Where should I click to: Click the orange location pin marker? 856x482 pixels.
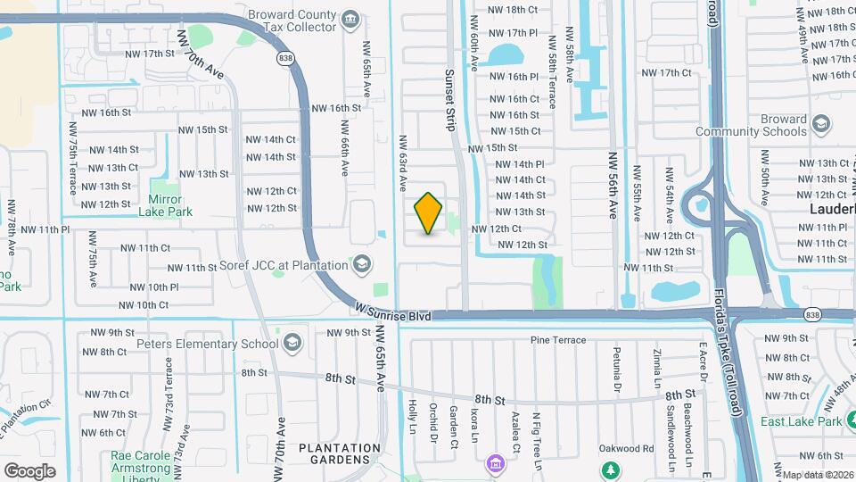[x=429, y=213]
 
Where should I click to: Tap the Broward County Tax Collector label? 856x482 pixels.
[x=292, y=21]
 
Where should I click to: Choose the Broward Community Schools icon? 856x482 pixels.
[x=821, y=125]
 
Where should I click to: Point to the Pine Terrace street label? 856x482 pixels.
[x=558, y=340]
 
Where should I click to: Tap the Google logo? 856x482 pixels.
[x=29, y=470]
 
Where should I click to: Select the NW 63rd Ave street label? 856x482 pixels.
[x=402, y=164]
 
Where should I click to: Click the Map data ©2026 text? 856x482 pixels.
[x=817, y=475]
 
